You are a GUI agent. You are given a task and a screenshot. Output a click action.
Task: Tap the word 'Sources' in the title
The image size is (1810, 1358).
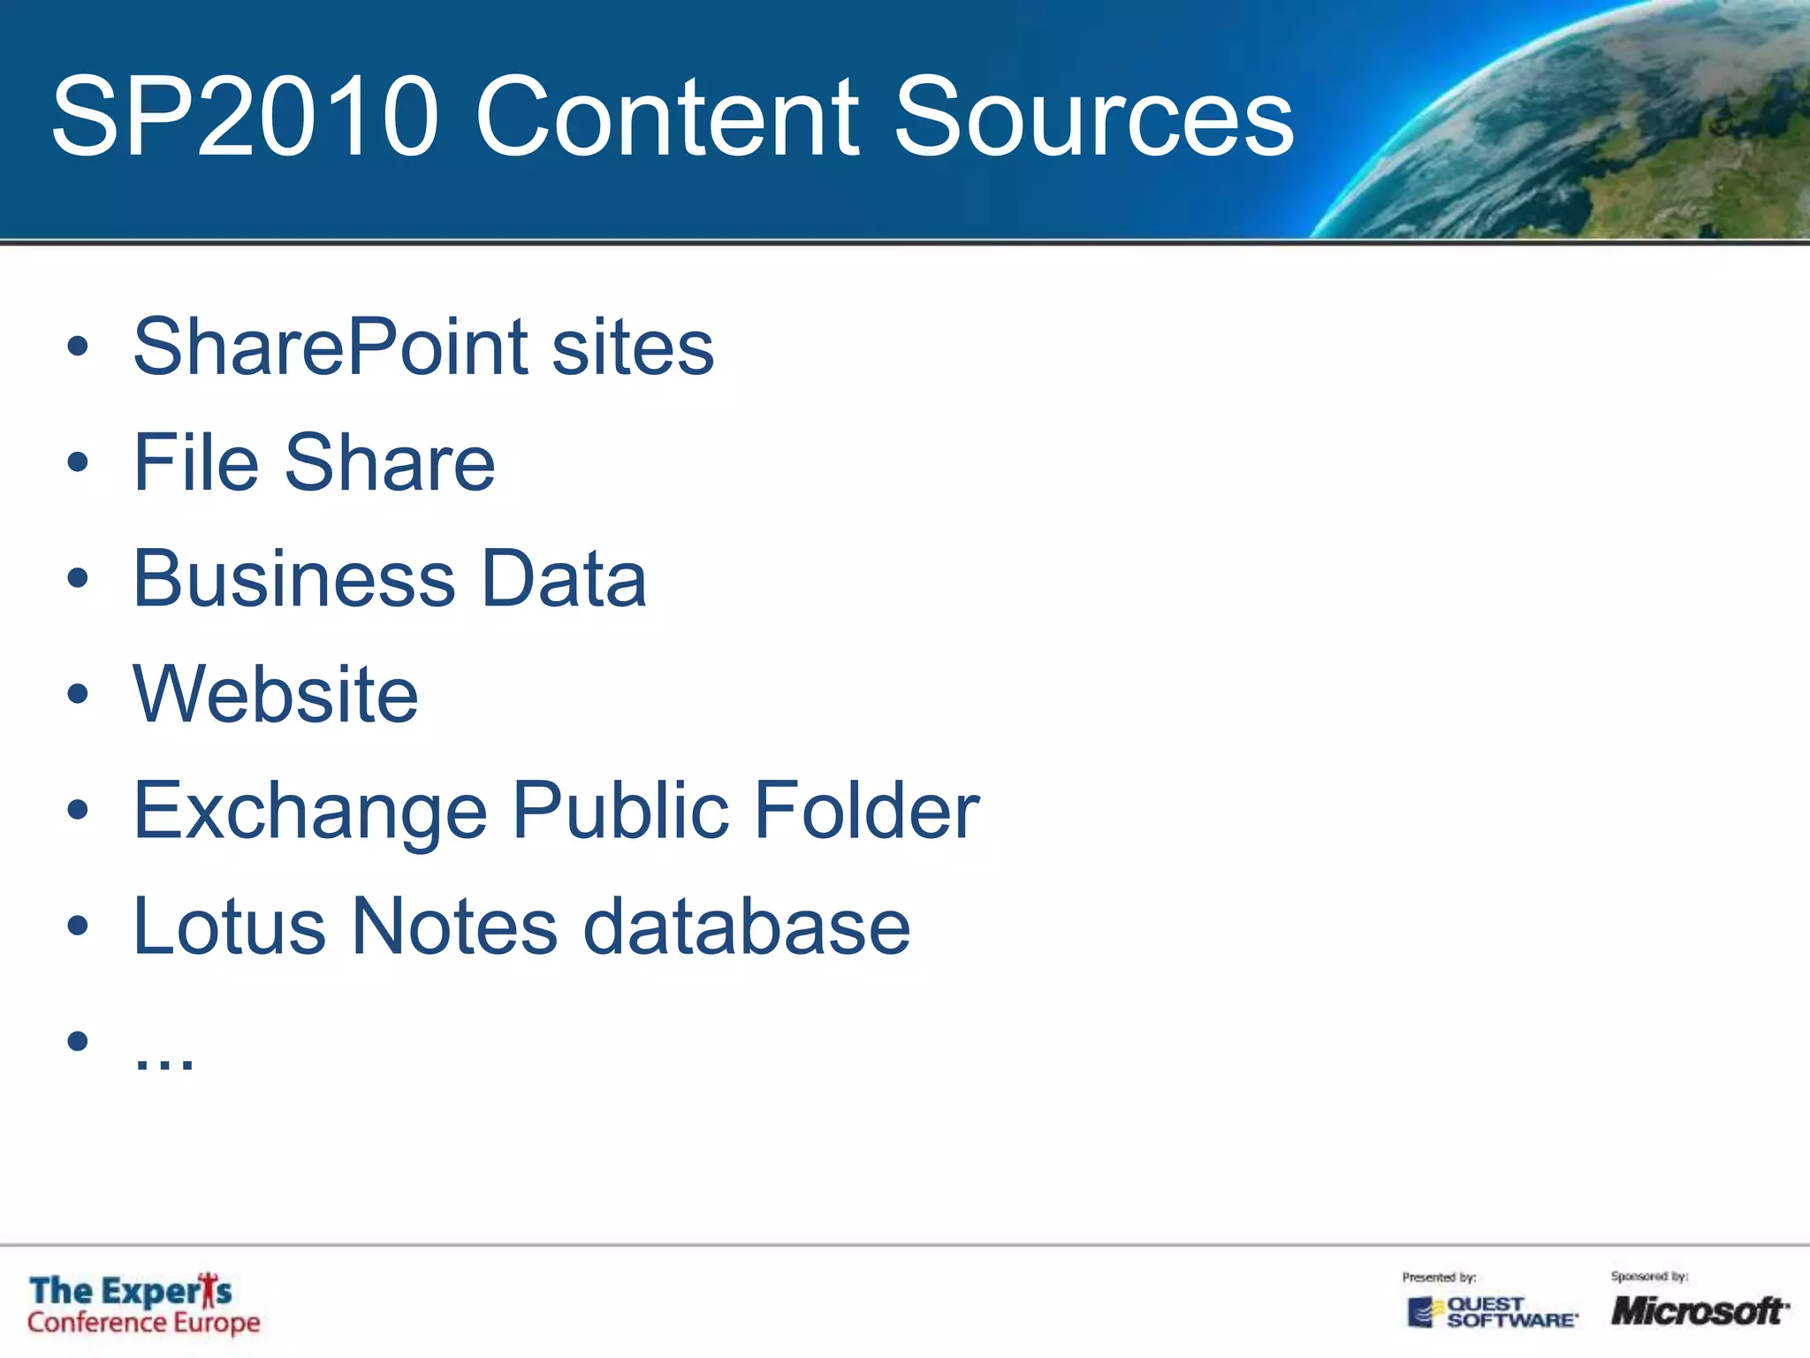1093,116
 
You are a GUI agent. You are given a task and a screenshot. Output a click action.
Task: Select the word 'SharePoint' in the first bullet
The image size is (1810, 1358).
331,347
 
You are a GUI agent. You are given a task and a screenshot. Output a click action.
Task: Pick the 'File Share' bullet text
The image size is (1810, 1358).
314,462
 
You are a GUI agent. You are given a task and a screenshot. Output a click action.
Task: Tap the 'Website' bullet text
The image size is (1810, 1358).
276,695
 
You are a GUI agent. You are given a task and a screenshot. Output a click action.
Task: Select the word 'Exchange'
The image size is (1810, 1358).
310,811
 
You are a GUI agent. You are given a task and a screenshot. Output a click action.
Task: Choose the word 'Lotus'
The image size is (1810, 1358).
230,927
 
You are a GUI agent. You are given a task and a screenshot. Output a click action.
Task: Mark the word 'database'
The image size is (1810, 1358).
747,927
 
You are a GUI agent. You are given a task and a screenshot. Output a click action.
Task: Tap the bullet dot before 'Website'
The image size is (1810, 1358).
78,694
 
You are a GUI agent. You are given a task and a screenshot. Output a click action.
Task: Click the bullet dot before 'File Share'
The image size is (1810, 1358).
78,462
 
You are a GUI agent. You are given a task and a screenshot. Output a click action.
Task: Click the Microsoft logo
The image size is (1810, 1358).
1699,1310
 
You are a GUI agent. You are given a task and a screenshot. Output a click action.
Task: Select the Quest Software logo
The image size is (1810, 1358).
1492,1312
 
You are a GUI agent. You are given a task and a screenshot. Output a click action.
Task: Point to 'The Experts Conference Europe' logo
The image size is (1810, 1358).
143,1305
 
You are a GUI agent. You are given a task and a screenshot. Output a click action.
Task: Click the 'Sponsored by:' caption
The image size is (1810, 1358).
1649,1277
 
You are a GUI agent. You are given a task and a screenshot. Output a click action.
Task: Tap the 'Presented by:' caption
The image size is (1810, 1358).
1439,1278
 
